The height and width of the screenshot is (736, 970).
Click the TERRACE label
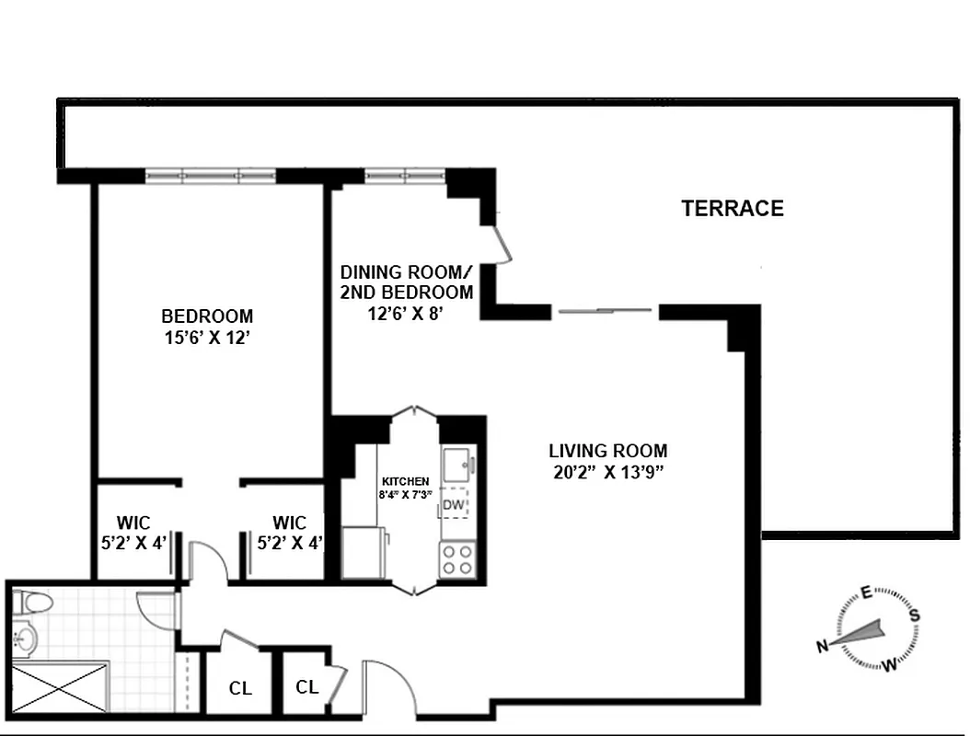point(733,209)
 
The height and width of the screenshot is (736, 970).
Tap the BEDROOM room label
point(207,316)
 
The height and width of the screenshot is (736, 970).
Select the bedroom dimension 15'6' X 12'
point(207,338)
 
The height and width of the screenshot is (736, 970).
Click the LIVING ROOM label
point(607,451)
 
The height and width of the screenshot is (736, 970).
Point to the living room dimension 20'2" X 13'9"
point(607,473)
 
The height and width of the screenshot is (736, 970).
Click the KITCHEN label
point(405,481)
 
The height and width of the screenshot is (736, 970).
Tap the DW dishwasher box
point(453,505)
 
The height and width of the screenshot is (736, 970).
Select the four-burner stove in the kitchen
point(457,558)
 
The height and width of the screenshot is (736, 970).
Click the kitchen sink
point(456,463)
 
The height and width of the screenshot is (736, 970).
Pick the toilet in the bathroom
point(34,604)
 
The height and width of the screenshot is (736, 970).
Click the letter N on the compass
point(821,647)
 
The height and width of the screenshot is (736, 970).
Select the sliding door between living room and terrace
point(605,311)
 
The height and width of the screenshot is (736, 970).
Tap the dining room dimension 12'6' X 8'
point(407,314)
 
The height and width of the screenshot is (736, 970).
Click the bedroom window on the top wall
point(211,176)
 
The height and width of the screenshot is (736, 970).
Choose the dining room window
point(405,176)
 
